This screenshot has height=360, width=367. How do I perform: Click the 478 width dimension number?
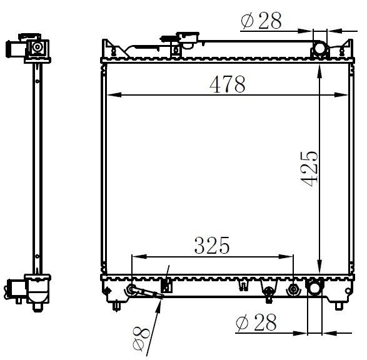[x=228, y=84]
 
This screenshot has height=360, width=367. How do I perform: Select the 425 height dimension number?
[x=309, y=169]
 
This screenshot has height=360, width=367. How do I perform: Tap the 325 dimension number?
[x=212, y=246]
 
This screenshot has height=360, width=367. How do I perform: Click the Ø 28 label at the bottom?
[x=256, y=322]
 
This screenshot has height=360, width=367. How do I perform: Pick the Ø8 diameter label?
[x=141, y=339]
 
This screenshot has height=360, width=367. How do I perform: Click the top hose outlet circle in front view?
[x=319, y=48]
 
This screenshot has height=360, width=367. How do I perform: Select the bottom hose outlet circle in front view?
[x=315, y=288]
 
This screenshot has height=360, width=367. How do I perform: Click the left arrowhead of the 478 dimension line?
[x=114, y=95]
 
